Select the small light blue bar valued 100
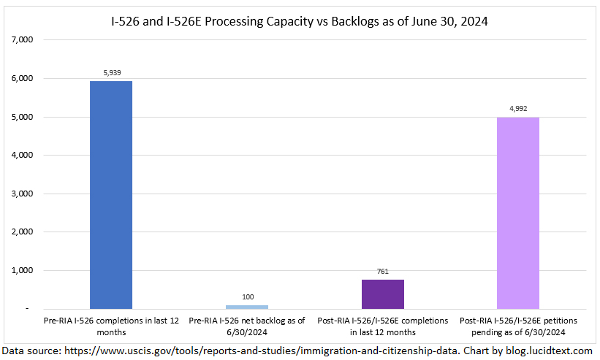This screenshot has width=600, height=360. (247, 307)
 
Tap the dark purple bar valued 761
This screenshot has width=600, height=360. (383, 294)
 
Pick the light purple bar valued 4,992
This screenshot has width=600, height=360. (518, 212)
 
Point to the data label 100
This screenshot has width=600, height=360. (247, 297)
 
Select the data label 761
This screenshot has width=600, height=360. (383, 272)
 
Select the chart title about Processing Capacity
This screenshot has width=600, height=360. (300, 22)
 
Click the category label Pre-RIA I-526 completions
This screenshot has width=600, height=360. (111, 325)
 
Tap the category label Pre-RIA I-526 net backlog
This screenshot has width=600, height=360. (247, 325)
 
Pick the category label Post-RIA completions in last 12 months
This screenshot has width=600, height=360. (383, 325)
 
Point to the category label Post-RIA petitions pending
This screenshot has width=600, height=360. (518, 325)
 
